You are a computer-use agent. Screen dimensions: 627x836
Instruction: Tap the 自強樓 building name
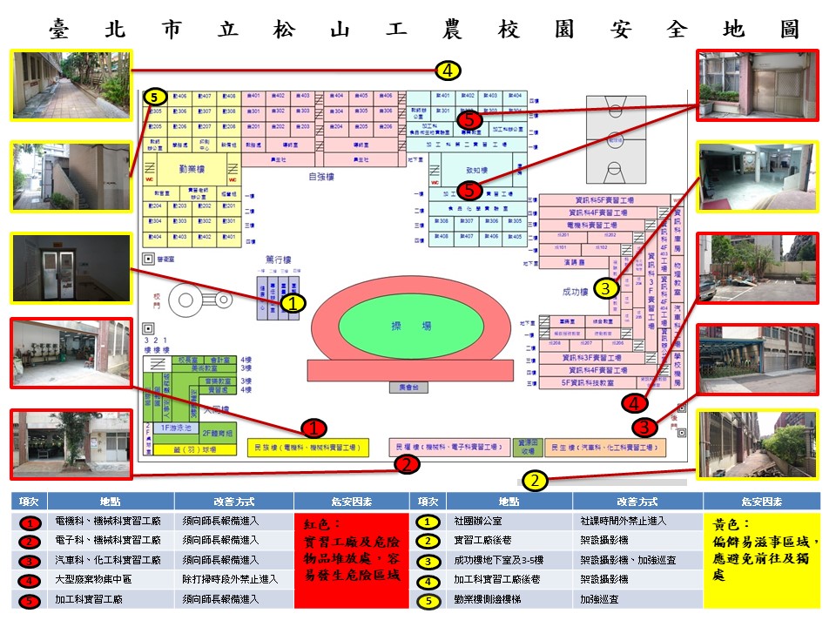coord(321,176)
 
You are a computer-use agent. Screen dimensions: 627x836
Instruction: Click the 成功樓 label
coord(576,292)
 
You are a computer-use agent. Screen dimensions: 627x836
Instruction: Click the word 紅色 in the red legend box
coord(317,526)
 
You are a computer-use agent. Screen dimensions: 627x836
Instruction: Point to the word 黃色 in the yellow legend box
coord(727,526)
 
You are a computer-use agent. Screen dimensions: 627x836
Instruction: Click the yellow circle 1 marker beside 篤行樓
coord(293,303)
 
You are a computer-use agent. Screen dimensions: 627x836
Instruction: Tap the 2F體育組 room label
coord(218,433)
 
